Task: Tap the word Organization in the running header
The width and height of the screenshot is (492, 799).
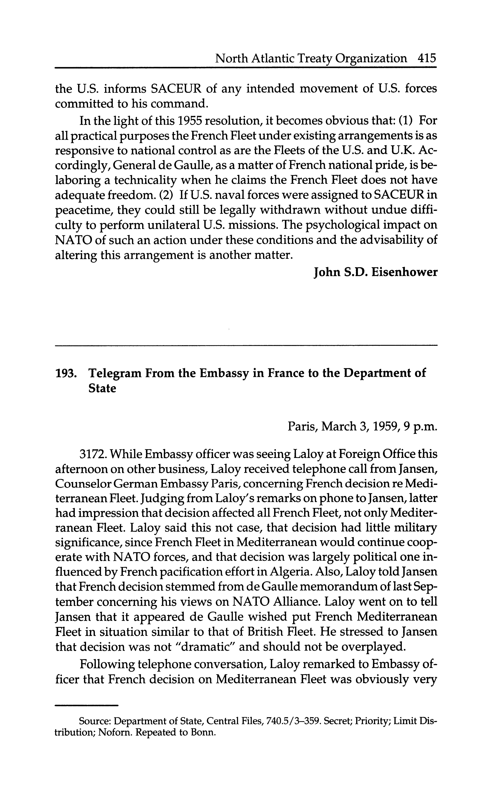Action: click(371, 59)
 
